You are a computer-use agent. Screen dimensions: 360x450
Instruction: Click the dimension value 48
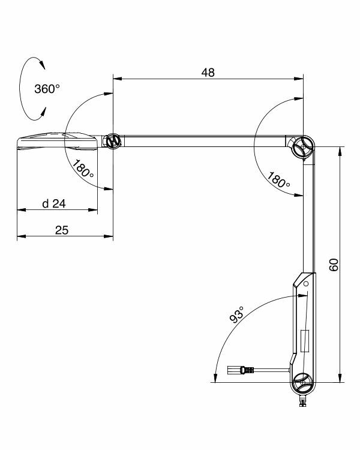(x=208, y=73)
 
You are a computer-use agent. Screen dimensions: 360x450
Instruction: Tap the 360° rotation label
(x=47, y=89)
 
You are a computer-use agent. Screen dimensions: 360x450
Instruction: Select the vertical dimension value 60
(x=334, y=265)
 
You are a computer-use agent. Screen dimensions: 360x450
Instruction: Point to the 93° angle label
(x=237, y=315)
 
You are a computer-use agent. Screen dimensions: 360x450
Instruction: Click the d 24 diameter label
(x=54, y=203)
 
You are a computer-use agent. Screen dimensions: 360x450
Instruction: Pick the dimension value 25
(x=62, y=230)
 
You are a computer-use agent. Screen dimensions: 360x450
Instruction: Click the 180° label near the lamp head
(x=83, y=169)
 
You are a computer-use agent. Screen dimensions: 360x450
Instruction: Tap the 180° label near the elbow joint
(x=278, y=180)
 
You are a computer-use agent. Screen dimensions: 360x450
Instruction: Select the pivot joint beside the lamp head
(x=112, y=141)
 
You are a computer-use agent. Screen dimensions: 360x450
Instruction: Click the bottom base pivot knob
(x=302, y=382)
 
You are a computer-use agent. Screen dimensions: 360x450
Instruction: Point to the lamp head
(x=58, y=141)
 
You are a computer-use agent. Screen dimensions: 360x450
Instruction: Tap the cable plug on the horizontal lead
(x=241, y=370)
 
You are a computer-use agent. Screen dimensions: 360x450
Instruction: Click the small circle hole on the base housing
(x=306, y=284)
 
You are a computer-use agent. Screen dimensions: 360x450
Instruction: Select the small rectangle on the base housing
(x=305, y=341)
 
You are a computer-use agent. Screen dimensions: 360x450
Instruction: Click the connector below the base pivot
(x=302, y=401)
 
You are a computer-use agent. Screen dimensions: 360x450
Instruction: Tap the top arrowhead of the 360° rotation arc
(x=43, y=65)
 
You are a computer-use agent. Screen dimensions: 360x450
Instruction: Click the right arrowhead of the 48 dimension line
(x=299, y=79)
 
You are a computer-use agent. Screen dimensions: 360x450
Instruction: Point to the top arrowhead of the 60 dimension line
(x=340, y=151)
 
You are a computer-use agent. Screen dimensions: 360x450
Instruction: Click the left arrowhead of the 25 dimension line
(x=22, y=236)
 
